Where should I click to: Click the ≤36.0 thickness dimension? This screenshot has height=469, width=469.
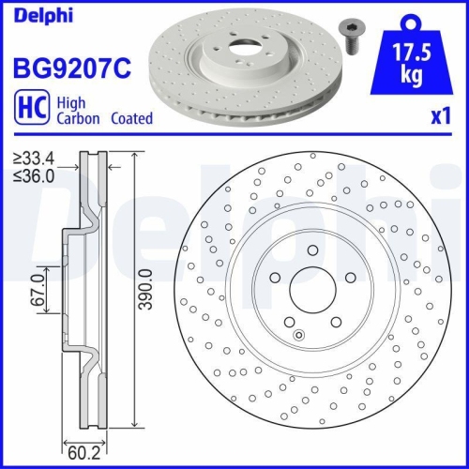click(x=34, y=174)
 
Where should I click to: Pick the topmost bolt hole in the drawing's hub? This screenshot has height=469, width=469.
click(x=310, y=249)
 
